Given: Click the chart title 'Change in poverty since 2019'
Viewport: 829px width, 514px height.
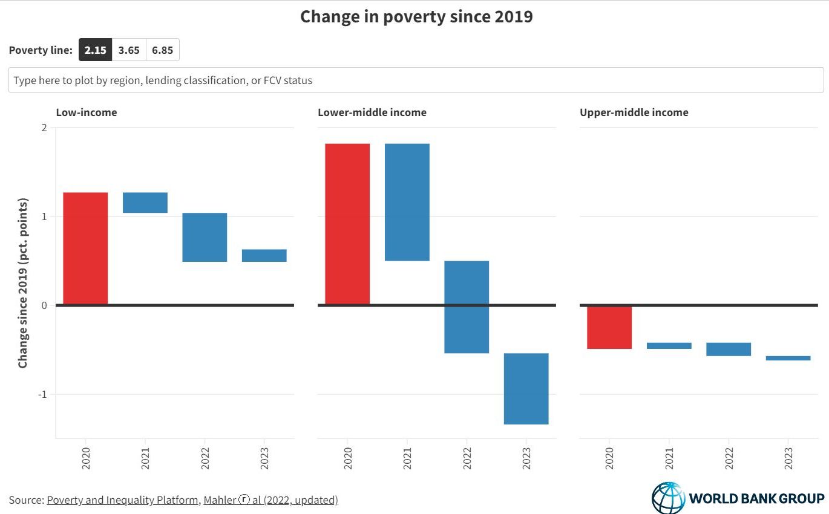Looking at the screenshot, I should pyautogui.click(x=416, y=16).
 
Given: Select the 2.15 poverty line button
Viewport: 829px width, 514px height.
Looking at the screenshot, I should pyautogui.click(x=95, y=50).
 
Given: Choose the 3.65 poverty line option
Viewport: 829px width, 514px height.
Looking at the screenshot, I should pyautogui.click(x=129, y=50).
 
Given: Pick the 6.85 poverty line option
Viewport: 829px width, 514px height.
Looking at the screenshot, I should pyautogui.click(x=162, y=50).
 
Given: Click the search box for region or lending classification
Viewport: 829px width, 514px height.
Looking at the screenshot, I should pyautogui.click(x=416, y=80).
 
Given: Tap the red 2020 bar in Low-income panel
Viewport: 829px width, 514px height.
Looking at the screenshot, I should pyautogui.click(x=85, y=248).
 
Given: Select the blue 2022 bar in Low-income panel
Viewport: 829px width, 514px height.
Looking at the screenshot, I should pyautogui.click(x=205, y=237).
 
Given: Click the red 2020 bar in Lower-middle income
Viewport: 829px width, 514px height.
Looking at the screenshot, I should pyautogui.click(x=347, y=224).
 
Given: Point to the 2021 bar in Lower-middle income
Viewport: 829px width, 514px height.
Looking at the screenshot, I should pyautogui.click(x=407, y=202).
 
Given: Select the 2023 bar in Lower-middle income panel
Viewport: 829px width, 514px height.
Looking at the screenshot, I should pyautogui.click(x=526, y=388).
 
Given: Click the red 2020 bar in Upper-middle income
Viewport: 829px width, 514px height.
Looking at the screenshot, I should pyautogui.click(x=609, y=327).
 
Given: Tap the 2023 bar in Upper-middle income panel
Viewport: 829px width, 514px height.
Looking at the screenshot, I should pyautogui.click(x=788, y=358).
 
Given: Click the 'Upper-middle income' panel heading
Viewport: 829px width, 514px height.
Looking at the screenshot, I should pyautogui.click(x=634, y=112).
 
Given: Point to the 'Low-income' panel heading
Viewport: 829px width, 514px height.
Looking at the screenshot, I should pyautogui.click(x=87, y=112).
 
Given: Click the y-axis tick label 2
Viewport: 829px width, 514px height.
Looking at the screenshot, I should pyautogui.click(x=44, y=128).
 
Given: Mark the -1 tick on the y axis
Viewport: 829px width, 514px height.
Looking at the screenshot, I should pyautogui.click(x=42, y=394).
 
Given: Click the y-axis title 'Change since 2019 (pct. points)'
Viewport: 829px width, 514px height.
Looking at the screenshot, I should pyautogui.click(x=23, y=282).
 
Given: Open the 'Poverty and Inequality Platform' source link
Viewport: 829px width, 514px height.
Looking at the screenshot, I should pyautogui.click(x=122, y=500).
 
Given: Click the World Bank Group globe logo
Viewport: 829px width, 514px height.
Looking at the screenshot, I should pyautogui.click(x=668, y=498).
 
